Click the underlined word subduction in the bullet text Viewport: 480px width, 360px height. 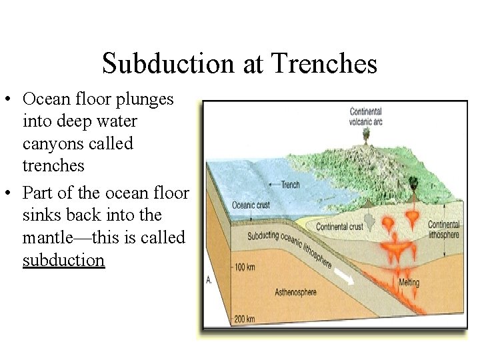[63, 260]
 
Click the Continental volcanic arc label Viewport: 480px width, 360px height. [365, 117]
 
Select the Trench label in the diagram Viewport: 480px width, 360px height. [290, 185]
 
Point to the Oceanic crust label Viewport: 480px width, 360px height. [251, 205]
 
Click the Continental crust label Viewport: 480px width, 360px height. [339, 227]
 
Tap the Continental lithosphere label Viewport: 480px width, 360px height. [443, 229]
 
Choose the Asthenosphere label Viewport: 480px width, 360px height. [295, 292]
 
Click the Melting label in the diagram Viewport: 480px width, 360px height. [409, 282]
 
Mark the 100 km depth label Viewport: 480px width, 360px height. [245, 267]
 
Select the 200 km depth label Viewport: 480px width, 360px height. [244, 319]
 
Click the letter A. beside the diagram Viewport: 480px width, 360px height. [209, 279]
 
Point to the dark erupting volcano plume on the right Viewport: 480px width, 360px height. [413, 181]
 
